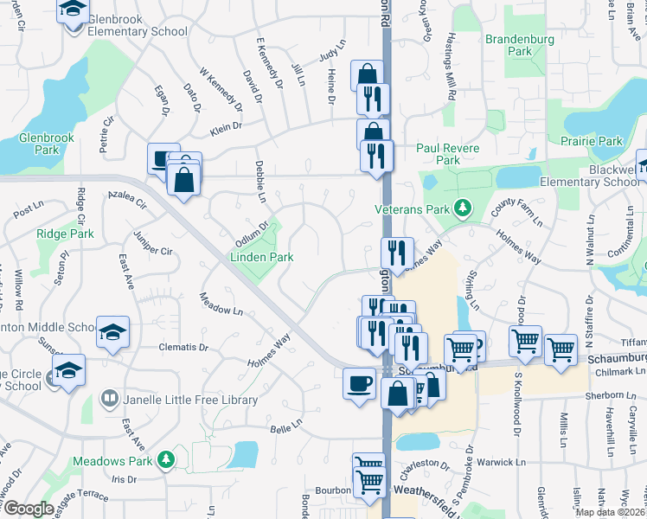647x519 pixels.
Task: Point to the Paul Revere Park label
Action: (448, 154)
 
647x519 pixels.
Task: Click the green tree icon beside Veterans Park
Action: (463, 208)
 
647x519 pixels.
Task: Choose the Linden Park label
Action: (261, 257)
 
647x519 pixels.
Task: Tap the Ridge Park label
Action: (65, 234)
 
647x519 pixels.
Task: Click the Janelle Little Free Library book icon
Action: (110, 400)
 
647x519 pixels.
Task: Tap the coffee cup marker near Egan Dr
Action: (163, 157)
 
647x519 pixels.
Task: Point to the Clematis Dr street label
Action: (183, 348)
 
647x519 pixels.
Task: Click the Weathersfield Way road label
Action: (435, 490)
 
